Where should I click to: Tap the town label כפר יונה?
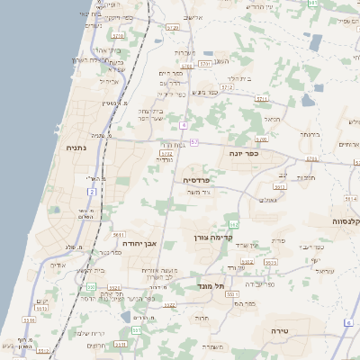coord(244,154)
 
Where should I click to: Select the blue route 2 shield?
coord(92,191)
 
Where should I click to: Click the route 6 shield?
coord(348,322)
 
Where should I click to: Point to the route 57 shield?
coord(193,141)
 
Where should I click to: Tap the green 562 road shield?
coord(234,224)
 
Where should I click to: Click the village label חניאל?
coord(272,117)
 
